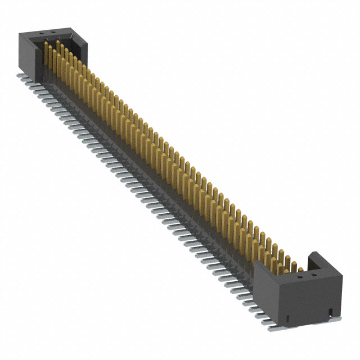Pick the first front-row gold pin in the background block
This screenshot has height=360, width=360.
[x=46, y=56]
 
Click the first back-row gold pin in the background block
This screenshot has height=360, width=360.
[x=56, y=48]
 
